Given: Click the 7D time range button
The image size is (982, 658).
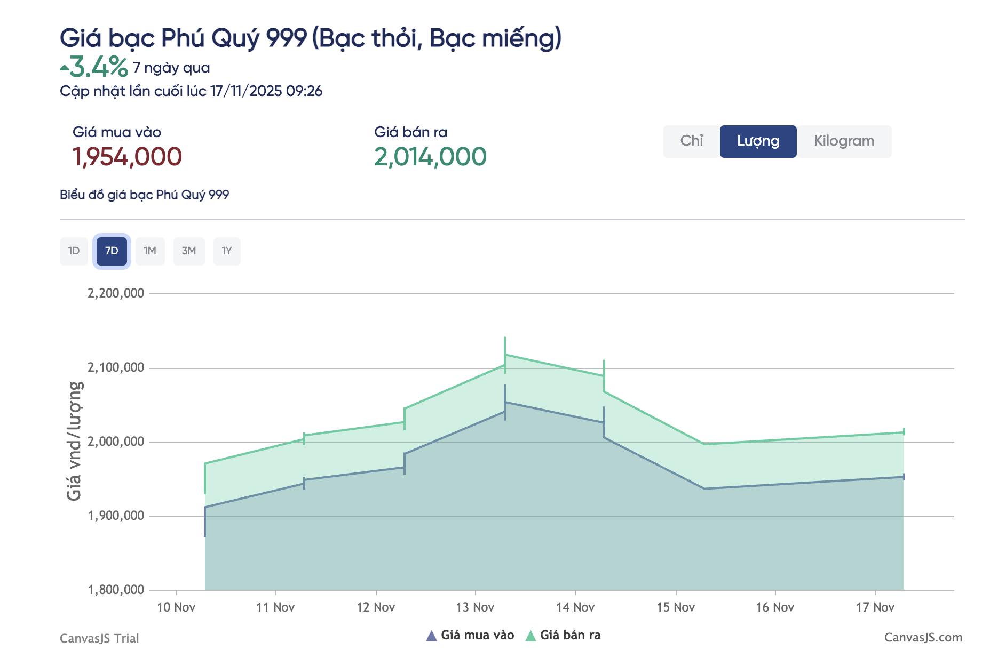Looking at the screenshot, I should tap(112, 251).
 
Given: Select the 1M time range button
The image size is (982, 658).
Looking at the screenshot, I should tap(150, 251).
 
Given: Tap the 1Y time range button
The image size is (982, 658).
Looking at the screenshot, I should tap(227, 251).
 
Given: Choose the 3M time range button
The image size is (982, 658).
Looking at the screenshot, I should tap(189, 251).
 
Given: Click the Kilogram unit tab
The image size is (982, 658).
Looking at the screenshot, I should tap(843, 141).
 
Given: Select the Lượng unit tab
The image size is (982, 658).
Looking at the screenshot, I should tap(758, 141).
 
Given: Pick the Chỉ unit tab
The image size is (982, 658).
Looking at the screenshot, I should tap(691, 141).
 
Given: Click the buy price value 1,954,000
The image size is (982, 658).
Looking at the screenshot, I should tap(127, 157).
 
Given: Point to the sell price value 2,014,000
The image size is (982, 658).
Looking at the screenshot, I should tap(430, 157).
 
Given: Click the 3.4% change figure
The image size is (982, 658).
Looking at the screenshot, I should tap(99, 67).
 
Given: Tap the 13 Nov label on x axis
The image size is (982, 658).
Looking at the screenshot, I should tap(475, 607).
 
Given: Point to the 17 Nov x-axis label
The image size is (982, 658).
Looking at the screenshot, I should tap(875, 607).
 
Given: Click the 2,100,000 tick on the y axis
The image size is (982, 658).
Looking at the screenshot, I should tap(116, 367).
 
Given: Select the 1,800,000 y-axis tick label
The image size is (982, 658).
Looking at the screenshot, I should tap(116, 590).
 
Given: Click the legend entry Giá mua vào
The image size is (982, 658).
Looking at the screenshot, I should tap(477, 635).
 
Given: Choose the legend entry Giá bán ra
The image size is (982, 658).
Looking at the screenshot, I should tap(569, 635).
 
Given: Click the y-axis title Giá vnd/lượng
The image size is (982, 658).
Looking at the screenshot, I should tap(74, 441).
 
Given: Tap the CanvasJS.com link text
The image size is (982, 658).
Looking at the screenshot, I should tap(923, 638).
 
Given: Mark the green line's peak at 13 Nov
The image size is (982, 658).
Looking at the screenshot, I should tap(505, 355).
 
